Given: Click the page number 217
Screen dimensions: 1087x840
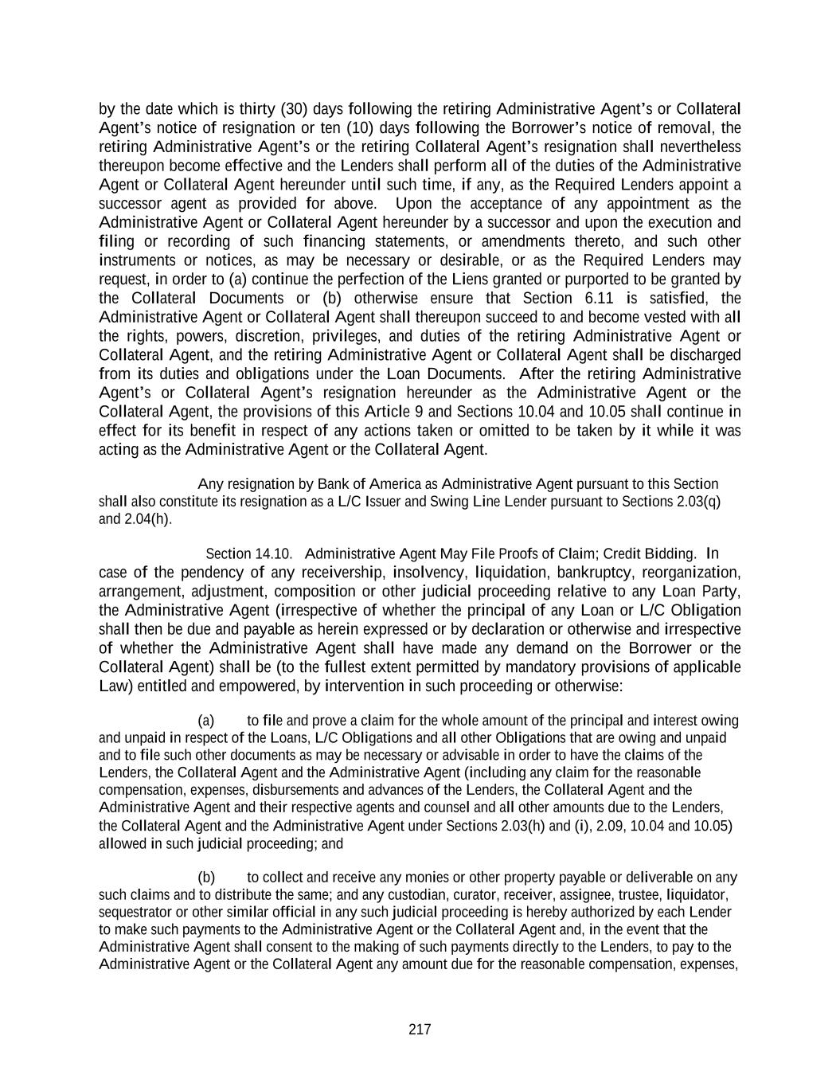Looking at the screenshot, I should coord(420,1030).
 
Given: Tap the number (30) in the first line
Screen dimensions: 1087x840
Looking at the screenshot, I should coord(293,108).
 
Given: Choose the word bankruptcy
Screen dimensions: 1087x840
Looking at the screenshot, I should coord(596,573).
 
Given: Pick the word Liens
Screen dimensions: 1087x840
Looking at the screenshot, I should coord(471,280).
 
